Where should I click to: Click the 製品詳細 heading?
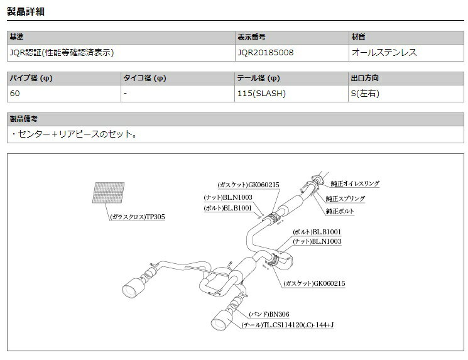tap(26, 11)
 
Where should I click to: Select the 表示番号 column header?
tap(251, 37)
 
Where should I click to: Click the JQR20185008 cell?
tap(265, 53)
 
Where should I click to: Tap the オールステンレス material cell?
tap(384, 53)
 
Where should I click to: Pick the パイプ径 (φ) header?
tap(31, 78)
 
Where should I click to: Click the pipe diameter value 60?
tap(14, 94)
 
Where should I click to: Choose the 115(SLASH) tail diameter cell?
tap(261, 94)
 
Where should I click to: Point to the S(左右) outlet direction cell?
tap(365, 94)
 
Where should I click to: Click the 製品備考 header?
tap(24, 119)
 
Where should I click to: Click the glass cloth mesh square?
tap(108, 192)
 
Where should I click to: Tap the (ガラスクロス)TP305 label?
tap(138, 217)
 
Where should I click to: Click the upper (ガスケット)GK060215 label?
tap(248, 185)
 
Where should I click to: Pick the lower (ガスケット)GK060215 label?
tap(314, 283)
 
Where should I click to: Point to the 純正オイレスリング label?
tap(355, 183)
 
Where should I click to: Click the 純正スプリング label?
tap(346, 199)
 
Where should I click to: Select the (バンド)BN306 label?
tap(269, 314)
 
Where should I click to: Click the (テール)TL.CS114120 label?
tap(288, 325)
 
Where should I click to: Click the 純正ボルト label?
tap(340, 211)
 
